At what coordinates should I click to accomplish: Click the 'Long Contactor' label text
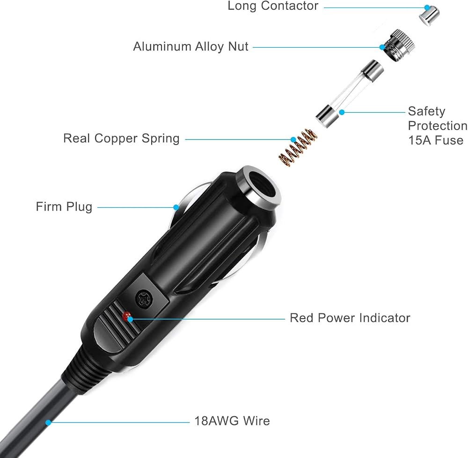[x=273, y=6]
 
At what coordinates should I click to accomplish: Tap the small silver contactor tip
[x=430, y=16]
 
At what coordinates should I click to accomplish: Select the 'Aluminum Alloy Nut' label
[x=191, y=46]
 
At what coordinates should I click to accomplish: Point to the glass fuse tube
[x=350, y=94]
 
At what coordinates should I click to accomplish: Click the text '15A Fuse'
[x=435, y=140]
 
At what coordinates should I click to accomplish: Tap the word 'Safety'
[x=426, y=111]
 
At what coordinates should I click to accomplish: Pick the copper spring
[x=298, y=147]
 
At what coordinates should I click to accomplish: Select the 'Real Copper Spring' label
[x=121, y=138]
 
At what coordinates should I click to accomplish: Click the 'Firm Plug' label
[x=64, y=207]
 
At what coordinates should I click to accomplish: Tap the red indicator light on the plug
[x=126, y=316]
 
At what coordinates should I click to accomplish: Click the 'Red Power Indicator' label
[x=350, y=318]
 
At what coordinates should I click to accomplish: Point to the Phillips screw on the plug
[x=144, y=298]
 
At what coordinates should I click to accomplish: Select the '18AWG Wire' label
[x=232, y=421]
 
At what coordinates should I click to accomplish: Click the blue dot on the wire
[x=48, y=422]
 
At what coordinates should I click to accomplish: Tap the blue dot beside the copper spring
[x=293, y=139]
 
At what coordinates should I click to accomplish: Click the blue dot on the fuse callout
[x=342, y=112]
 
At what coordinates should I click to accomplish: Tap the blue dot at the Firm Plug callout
[x=176, y=207]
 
